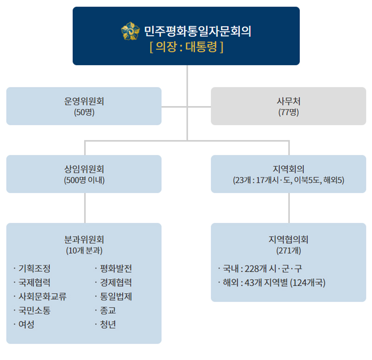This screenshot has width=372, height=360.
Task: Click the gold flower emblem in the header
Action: point(130,31)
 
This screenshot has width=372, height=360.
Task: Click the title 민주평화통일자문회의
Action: point(198,31)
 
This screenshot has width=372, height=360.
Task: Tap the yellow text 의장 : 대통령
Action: point(186,47)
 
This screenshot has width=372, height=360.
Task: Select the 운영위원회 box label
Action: point(84,101)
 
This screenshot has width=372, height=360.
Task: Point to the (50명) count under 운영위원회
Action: point(84,112)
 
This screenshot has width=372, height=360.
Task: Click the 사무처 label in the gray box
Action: point(288,101)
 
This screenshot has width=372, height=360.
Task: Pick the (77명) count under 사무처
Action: point(288,112)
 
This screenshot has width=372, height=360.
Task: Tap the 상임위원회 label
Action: point(84,169)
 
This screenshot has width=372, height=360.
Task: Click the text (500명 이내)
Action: point(84,180)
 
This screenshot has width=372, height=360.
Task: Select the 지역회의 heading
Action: point(288,169)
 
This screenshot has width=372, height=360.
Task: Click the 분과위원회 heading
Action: point(84,240)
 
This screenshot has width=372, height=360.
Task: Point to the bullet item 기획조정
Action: point(34,269)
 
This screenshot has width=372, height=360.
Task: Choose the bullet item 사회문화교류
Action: point(42,296)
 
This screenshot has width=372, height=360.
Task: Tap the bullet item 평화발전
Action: point(116,269)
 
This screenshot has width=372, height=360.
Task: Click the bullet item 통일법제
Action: point(116,296)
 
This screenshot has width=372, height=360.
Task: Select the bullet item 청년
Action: point(108,324)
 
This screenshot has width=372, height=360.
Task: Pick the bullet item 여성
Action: point(27,324)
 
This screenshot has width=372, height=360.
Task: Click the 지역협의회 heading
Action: point(288,240)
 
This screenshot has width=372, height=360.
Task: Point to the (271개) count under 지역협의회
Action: point(288,251)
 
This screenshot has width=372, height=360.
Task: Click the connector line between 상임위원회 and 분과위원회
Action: point(85,208)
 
